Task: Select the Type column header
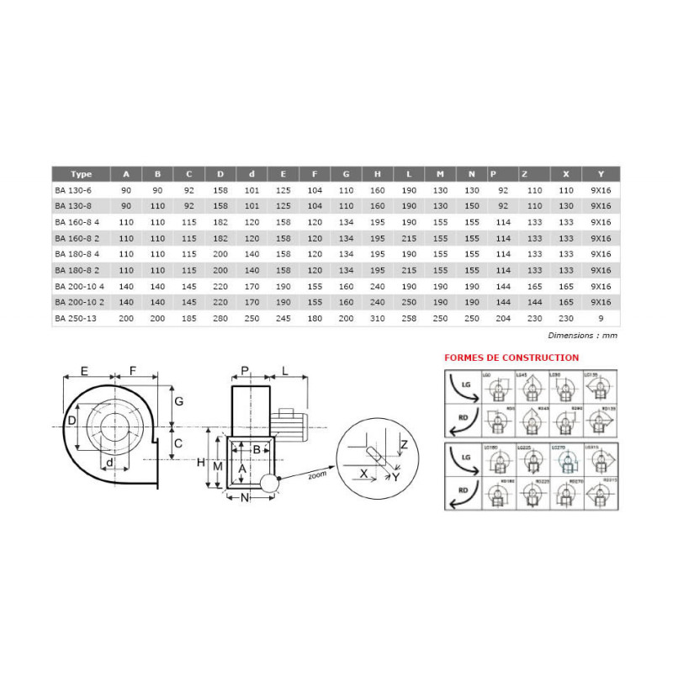point(82,174)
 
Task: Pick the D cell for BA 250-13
point(220,319)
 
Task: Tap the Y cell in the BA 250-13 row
point(600,319)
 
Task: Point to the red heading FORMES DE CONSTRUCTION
point(511,358)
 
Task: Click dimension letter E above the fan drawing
point(84,370)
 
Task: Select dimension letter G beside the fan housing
point(179,401)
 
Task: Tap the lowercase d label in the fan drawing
point(110,462)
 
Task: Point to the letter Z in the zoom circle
point(405,443)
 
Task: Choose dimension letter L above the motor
point(286,370)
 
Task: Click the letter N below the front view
point(246,497)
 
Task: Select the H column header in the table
point(377,174)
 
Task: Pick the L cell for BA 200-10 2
point(409,300)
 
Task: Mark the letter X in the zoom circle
point(363,474)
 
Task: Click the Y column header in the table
point(600,174)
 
